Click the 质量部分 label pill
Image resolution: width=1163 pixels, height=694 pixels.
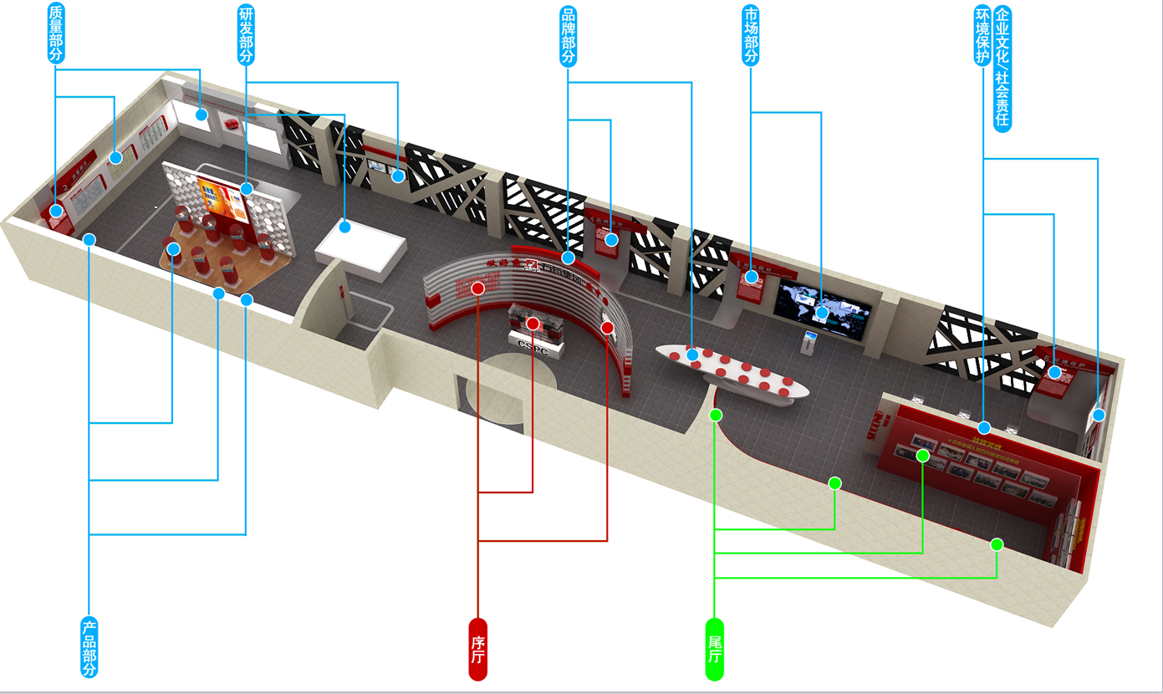[56, 33]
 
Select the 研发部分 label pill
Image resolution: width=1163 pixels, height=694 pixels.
[247, 34]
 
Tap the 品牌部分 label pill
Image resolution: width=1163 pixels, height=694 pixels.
[568, 35]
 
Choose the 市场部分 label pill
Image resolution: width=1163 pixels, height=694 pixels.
[751, 35]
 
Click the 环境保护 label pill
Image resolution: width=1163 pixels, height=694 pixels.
[982, 36]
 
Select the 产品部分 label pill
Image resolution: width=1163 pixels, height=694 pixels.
[89, 647]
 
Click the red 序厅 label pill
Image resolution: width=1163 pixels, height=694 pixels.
[477, 649]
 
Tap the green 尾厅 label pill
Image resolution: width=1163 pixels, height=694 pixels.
[715, 649]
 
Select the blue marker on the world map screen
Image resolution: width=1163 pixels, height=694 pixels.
[822, 313]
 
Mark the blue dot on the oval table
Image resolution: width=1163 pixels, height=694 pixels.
[692, 355]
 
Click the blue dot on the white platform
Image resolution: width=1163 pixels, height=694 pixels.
[344, 226]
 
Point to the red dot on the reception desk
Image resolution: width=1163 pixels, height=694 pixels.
[533, 323]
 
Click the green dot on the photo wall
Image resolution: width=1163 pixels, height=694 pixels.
[923, 456]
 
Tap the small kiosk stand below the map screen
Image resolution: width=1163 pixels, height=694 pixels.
[808, 341]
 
